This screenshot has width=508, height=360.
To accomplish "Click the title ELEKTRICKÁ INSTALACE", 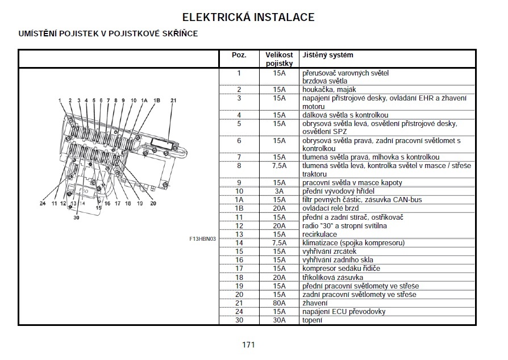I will (248, 17).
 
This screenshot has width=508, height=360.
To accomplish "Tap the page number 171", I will (248, 345).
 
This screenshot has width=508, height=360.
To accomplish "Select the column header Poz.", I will (239, 55).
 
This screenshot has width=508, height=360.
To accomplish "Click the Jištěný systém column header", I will (328, 55).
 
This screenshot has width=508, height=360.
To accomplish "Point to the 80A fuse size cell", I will (278, 303).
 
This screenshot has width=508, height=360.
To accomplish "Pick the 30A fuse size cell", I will (278, 320).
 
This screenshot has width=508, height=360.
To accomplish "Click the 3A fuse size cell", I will (278, 191).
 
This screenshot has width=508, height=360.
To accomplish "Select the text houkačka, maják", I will (330, 90).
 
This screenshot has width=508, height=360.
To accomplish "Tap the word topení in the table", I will (313, 320).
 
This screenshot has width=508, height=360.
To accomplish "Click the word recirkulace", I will (319, 235).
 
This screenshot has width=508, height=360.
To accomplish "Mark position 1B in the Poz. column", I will (239, 208).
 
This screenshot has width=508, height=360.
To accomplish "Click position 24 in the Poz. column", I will (239, 312).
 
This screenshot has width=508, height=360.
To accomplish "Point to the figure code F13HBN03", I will (203, 239).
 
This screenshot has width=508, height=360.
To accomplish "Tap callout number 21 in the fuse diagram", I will (173, 101).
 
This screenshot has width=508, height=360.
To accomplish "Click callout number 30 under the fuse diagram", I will (76, 217).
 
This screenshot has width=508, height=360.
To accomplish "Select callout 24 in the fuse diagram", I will (43, 203).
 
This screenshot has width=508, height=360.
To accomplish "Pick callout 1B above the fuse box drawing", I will (157, 101).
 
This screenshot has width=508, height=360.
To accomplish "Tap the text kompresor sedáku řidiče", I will (341, 269).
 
